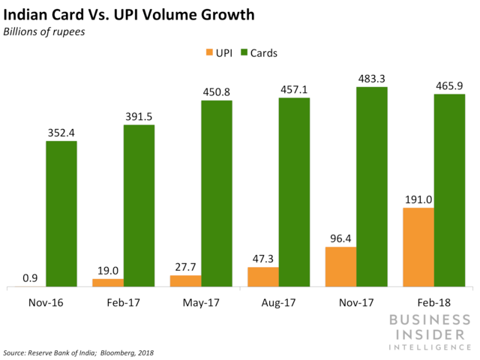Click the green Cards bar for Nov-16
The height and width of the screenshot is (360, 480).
pyautogui.click(x=61, y=214)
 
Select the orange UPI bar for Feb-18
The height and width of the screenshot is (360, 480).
pyautogui.click(x=418, y=247)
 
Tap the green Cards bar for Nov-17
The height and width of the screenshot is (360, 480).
pyautogui.click(x=371, y=187)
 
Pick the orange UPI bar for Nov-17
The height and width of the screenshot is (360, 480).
pyautogui.click(x=340, y=267)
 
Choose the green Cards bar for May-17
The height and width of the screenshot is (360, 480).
pyautogui.click(x=217, y=193)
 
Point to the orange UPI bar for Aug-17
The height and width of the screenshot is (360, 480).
pyautogui.click(x=262, y=277)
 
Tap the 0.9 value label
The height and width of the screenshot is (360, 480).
pyautogui.click(x=30, y=277)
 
